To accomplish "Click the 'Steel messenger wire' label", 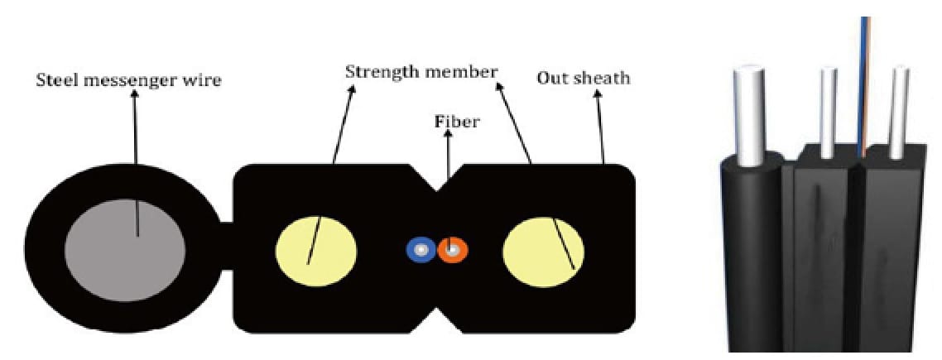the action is tap(128, 80).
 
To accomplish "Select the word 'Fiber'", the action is tap(457, 122).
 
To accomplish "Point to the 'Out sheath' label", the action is tap(584, 79).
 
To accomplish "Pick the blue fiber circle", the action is tap(421, 249).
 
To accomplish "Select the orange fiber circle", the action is tap(453, 249).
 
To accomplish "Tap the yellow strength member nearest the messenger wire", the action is tap(316, 252).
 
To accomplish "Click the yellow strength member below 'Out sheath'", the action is tap(543, 252).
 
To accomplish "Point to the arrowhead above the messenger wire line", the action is tap(134, 96).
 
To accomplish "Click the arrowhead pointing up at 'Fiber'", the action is tap(447, 136).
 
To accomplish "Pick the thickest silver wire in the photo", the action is tap(750, 115).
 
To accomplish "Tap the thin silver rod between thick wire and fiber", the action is tap(829, 113).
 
